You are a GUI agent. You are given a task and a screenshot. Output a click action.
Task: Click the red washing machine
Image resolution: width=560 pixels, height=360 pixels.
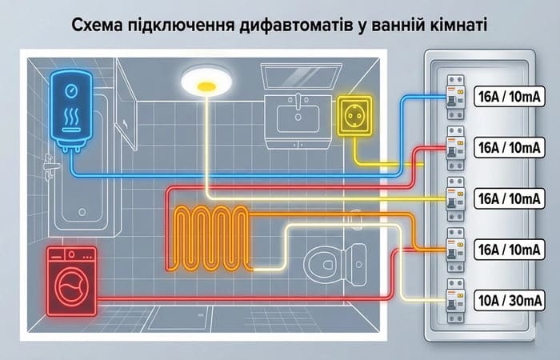[70, 280]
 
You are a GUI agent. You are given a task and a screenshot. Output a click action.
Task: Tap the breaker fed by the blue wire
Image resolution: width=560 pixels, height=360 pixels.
[455, 95]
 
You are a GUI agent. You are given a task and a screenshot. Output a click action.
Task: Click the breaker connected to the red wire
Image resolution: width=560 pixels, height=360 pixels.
[455, 147]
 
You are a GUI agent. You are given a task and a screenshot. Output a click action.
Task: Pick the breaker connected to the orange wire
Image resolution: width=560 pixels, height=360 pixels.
[455, 250]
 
